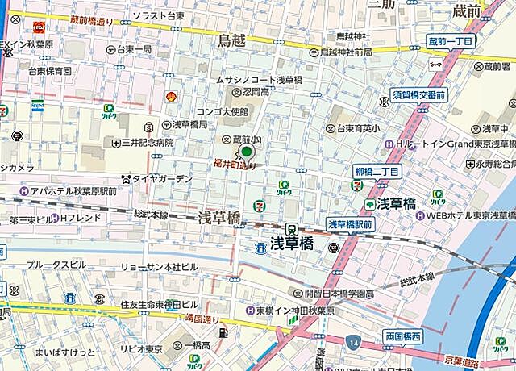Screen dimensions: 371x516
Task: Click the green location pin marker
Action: click(x=247, y=152)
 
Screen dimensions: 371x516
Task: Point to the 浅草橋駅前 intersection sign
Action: click(x=349, y=223)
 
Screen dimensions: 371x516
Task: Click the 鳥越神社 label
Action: click(x=353, y=36)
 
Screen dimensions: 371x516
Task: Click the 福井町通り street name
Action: click(x=234, y=165)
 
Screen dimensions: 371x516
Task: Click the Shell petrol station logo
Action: click(x=171, y=97)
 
